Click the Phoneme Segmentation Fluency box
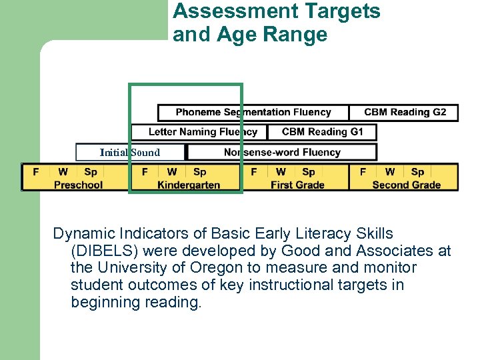(x=253, y=112)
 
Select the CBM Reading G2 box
(x=405, y=112)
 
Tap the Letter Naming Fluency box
(x=199, y=132)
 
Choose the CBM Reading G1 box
(x=322, y=132)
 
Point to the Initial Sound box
(x=130, y=153)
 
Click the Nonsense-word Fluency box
(x=282, y=152)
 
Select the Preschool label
(x=78, y=185)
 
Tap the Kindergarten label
(x=189, y=185)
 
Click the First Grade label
(x=297, y=185)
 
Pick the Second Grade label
(x=407, y=185)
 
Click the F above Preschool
(x=36, y=172)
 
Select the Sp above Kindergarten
(x=199, y=172)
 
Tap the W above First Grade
(x=281, y=172)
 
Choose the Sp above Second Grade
(x=417, y=172)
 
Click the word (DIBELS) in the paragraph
(x=104, y=251)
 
